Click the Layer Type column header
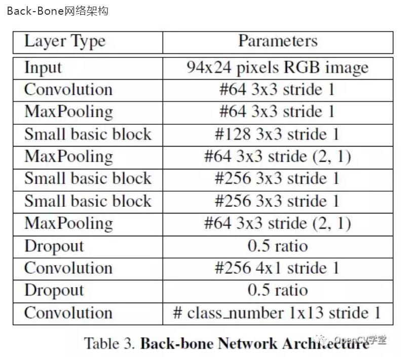(65, 42)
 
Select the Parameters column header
(278, 41)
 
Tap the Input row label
(43, 68)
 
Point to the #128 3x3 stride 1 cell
(277, 134)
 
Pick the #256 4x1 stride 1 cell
(277, 268)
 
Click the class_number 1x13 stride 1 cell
(277, 313)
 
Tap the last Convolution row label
(68, 313)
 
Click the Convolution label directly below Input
(68, 89)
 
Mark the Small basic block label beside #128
(88, 134)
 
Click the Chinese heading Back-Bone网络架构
(58, 11)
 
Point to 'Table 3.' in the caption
(109, 343)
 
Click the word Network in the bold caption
(248, 343)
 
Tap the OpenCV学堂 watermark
(355, 340)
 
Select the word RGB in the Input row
(302, 67)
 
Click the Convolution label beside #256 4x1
(68, 268)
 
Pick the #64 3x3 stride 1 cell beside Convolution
(277, 89)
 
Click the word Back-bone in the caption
(177, 343)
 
